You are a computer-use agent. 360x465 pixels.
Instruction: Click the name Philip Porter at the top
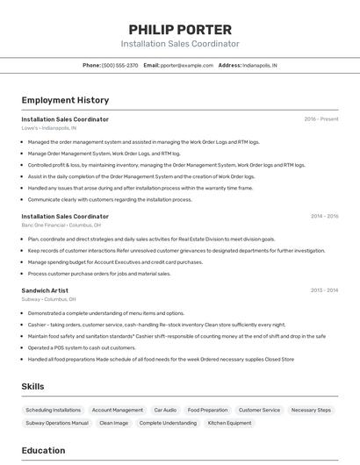tap(180, 29)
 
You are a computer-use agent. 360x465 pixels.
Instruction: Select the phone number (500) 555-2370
tap(120, 65)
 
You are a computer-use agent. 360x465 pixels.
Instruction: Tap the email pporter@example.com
tap(187, 65)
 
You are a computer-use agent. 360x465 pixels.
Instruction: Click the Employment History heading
tap(65, 100)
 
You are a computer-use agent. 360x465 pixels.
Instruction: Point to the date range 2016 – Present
tap(321, 118)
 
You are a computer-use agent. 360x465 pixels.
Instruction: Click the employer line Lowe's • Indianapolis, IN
tap(54, 128)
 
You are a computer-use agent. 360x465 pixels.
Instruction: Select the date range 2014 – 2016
tap(324, 216)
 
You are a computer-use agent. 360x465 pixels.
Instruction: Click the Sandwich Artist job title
tap(45, 290)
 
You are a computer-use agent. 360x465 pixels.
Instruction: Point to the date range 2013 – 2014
tap(324, 290)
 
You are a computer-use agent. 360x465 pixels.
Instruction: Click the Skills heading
tap(32, 386)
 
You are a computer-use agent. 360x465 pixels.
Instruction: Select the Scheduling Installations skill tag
tap(53, 410)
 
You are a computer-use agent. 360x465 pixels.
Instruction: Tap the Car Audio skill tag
tap(165, 410)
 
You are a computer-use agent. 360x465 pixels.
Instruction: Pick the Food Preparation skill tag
tap(207, 410)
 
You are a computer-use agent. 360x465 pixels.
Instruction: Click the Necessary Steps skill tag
tap(311, 410)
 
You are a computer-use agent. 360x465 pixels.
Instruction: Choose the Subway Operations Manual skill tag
tap(56, 423)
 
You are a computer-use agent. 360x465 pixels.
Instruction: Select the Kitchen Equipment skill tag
tap(229, 423)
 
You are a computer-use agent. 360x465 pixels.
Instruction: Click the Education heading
tap(43, 451)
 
